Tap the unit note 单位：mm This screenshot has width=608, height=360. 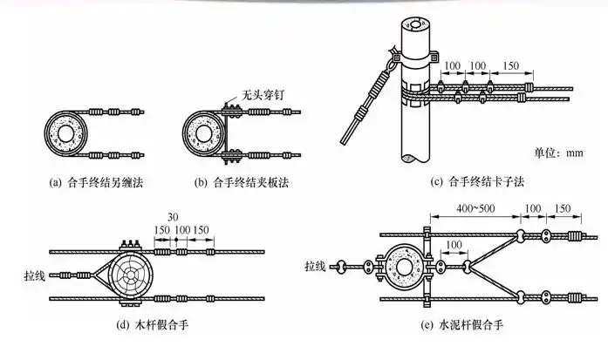click(551, 153)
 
